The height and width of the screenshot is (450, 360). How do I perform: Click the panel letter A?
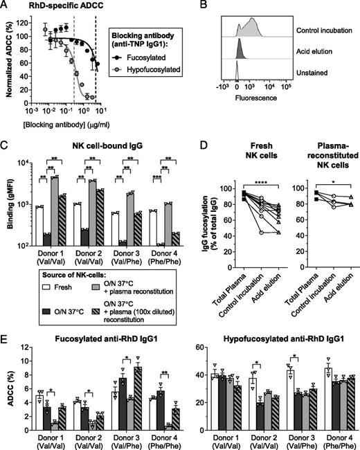[6, 5]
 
